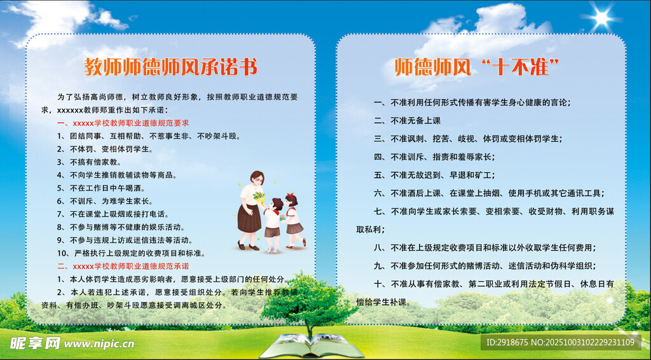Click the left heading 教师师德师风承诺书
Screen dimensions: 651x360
click(x=170, y=66)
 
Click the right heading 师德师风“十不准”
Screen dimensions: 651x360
click(x=477, y=67)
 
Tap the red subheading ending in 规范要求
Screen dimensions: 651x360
click(x=123, y=123)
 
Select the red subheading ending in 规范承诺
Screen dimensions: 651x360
click(x=123, y=266)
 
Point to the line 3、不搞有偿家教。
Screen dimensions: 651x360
click(x=89, y=162)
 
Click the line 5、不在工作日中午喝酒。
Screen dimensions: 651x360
click(x=101, y=188)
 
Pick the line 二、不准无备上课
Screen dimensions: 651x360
click(x=407, y=121)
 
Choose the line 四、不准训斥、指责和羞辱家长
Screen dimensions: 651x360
click(x=434, y=157)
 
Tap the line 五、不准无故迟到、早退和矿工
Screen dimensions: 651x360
click(x=434, y=175)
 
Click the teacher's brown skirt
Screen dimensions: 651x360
click(x=249, y=218)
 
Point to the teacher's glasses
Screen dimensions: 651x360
click(x=258, y=180)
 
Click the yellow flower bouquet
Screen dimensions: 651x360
click(x=259, y=197)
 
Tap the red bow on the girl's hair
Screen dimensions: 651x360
click(x=290, y=195)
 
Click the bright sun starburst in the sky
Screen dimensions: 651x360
click(x=601, y=17)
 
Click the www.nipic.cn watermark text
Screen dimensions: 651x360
click(x=99, y=344)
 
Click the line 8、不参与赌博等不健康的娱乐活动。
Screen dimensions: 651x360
click(x=121, y=227)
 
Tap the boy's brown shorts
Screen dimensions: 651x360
click(x=272, y=232)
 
